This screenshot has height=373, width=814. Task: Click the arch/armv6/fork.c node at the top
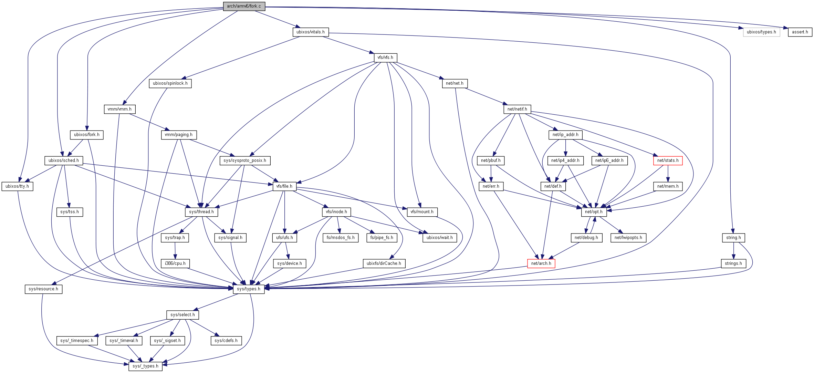[244, 6]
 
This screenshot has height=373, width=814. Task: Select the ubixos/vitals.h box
[310, 32]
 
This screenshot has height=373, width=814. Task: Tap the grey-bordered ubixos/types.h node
[761, 32]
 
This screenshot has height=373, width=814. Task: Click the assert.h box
[800, 32]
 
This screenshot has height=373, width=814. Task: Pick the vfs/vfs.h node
[385, 58]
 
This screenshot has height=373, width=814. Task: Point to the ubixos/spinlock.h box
[170, 83]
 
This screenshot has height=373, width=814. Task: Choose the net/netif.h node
[517, 109]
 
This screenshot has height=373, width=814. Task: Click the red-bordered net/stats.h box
[668, 160]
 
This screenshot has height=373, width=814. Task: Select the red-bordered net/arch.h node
[541, 263]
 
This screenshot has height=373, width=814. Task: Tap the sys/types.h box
[249, 289]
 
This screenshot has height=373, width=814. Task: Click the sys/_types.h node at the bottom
[145, 366]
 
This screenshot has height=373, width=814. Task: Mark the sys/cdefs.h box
[226, 341]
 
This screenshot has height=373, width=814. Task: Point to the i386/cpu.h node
[175, 263]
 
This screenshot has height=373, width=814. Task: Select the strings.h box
[733, 263]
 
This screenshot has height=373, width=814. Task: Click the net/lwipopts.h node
[628, 238]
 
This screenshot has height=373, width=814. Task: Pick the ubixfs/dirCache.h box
[384, 263]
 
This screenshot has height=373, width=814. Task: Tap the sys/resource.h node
[43, 289]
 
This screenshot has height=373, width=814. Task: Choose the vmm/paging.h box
[178, 135]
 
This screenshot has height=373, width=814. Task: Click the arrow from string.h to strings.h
[733, 251]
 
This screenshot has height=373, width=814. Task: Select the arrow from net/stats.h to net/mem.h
[668, 174]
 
